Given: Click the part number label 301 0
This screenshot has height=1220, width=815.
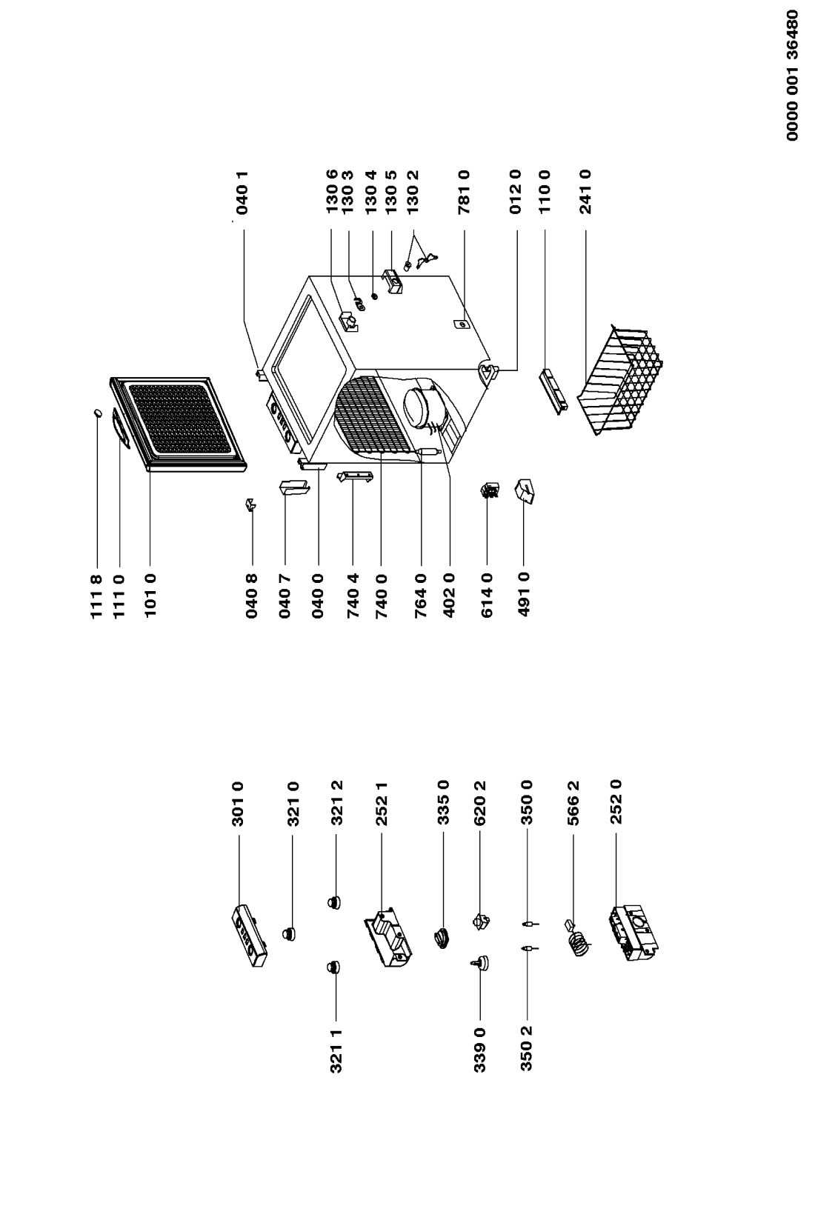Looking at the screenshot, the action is (x=238, y=804).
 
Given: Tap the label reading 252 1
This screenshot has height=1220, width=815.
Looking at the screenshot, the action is (x=382, y=804).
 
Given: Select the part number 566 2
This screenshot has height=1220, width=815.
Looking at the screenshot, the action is (x=573, y=804).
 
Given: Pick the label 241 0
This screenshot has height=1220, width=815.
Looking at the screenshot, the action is (x=585, y=192).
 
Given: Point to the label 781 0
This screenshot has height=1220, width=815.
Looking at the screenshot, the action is (x=464, y=192).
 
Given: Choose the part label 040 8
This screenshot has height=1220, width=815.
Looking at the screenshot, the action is (x=252, y=596).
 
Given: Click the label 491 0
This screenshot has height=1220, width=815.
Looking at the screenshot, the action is (x=524, y=596).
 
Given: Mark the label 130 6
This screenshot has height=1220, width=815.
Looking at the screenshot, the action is (x=333, y=192).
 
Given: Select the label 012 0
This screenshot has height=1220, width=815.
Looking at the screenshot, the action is (x=516, y=192).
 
